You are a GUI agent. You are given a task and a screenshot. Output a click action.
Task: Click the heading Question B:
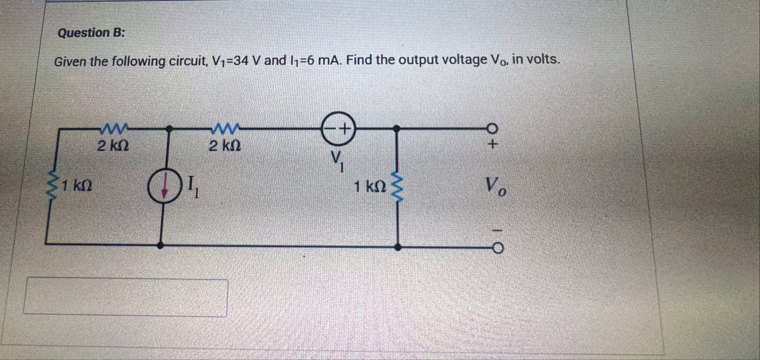click(91, 33)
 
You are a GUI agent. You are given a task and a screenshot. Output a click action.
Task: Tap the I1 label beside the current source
click(193, 188)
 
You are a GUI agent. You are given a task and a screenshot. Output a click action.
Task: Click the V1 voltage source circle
click(338, 128)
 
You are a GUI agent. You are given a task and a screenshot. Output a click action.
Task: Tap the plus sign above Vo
click(492, 145)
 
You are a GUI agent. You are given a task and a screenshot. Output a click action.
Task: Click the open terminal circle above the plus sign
click(492, 129)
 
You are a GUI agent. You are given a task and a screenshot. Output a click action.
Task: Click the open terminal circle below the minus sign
click(498, 248)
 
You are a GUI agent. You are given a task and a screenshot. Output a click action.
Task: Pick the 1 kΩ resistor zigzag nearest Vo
click(398, 187)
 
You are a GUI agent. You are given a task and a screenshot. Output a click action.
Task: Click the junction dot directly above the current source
click(169, 129)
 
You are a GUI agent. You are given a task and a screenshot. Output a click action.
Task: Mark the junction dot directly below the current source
click(160, 245)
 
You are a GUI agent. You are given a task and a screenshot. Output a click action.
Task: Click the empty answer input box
click(125, 297)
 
